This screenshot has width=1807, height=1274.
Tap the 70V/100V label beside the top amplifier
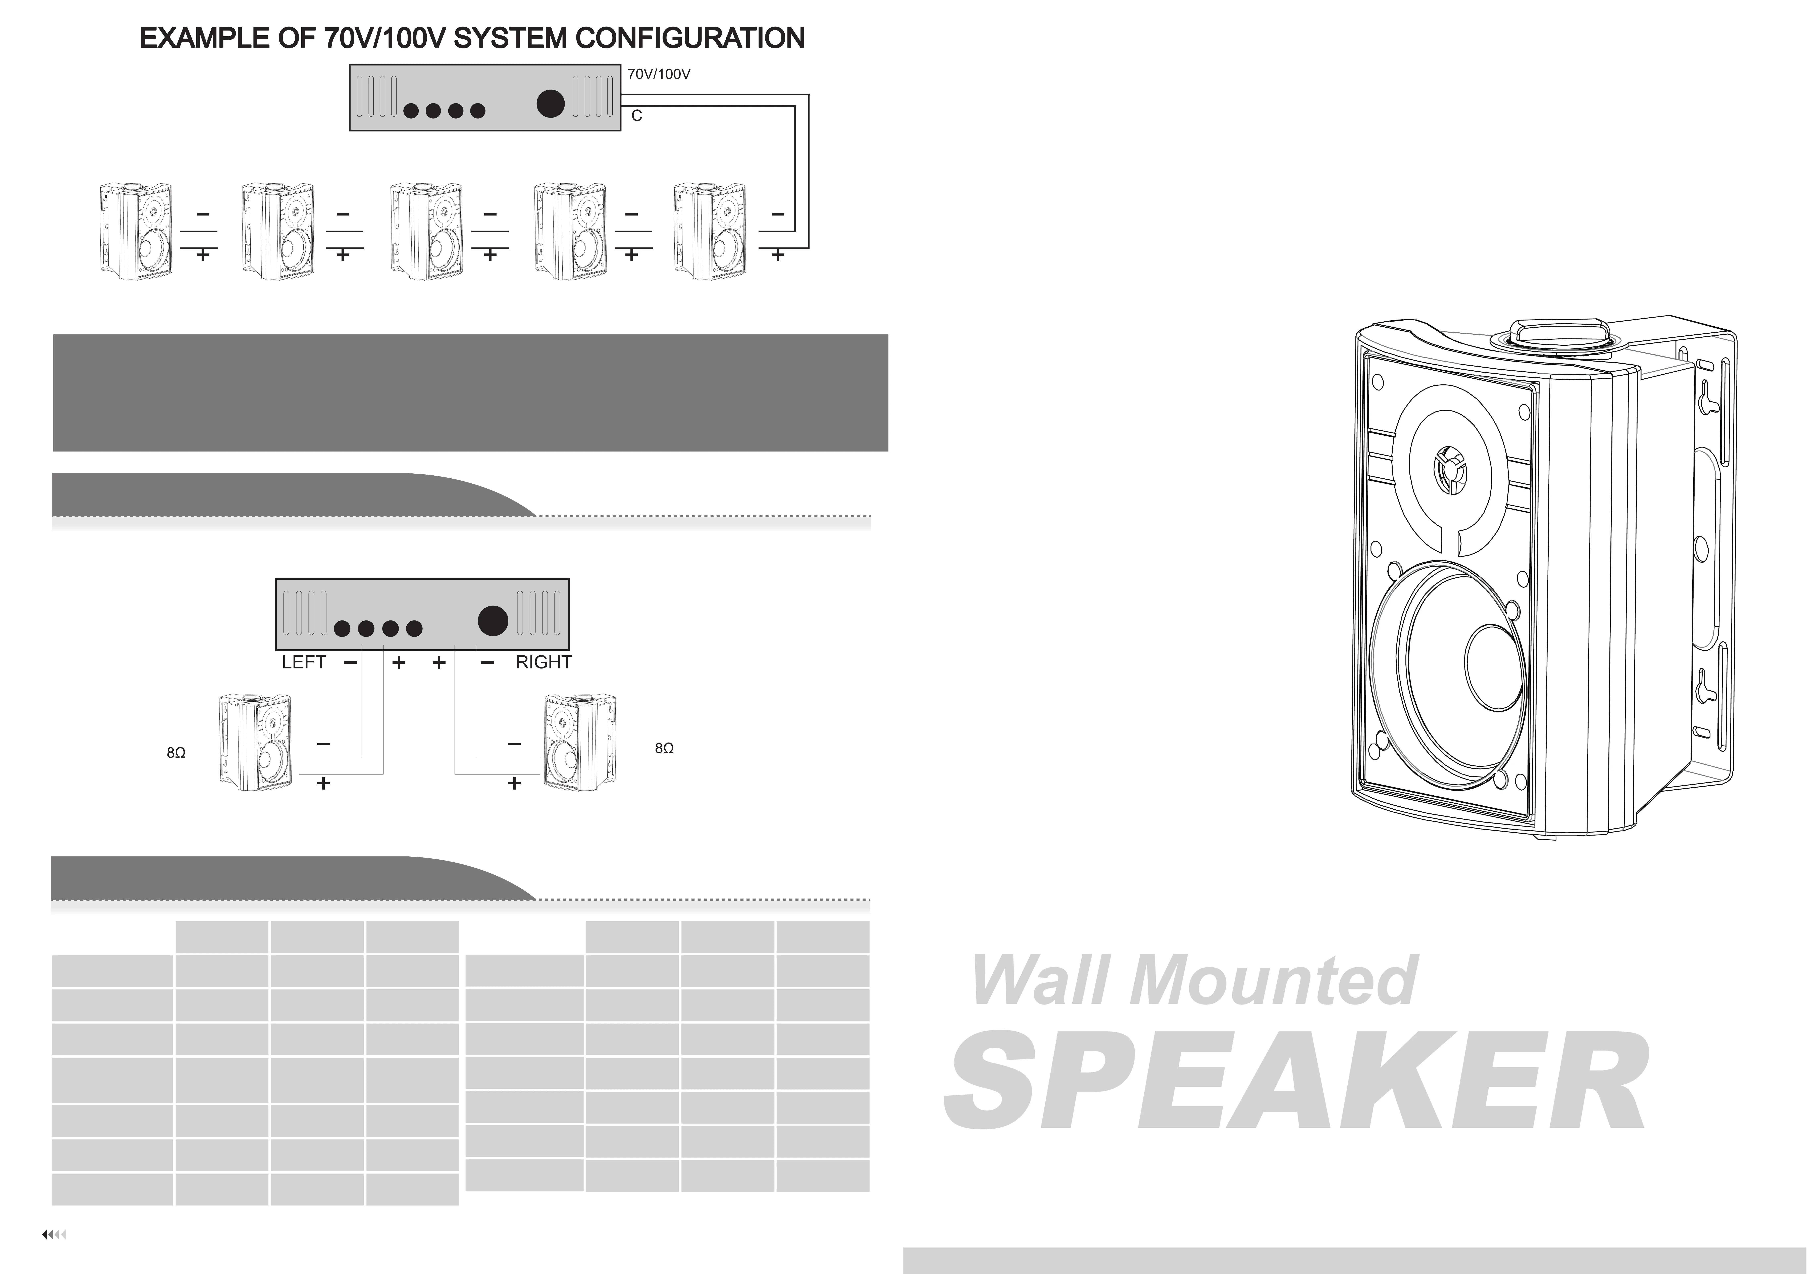pos(659,74)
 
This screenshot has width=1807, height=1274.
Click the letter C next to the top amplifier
pos(637,116)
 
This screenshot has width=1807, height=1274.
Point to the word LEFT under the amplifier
pos(304,662)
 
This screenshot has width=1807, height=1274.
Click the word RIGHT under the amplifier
pos(543,662)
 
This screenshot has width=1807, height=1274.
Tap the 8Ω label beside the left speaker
pos(176,753)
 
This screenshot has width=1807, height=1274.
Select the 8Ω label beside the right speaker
pos(664,748)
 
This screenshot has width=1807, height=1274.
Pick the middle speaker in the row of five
pos(426,232)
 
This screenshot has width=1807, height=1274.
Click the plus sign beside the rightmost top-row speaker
pos(778,255)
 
